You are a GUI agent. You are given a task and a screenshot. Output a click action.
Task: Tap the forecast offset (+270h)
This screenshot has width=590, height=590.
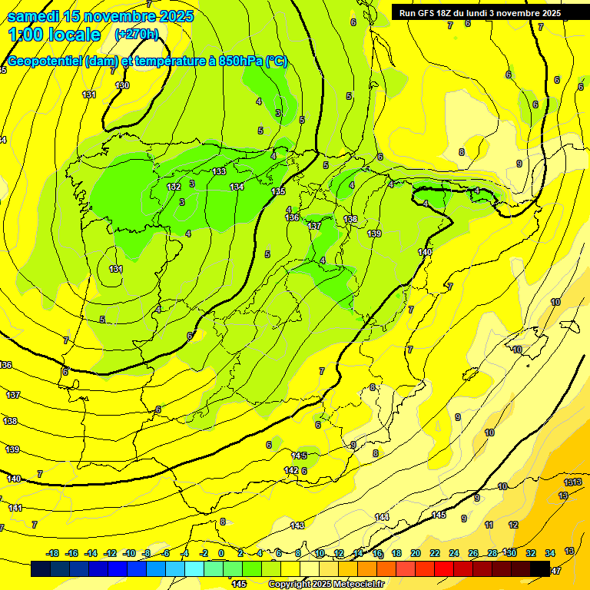point(137,34)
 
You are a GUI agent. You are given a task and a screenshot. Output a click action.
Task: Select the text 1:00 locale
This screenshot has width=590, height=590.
point(54,35)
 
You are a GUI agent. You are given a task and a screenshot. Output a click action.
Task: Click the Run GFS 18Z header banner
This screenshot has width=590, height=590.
point(479,12)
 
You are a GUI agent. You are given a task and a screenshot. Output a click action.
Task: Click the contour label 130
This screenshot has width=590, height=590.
point(122,85)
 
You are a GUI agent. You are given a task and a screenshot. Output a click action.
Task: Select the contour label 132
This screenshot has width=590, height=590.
point(174,187)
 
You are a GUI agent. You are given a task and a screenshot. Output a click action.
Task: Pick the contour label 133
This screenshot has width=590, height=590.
point(220,171)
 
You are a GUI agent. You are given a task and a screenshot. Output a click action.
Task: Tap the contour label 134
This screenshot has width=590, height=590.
point(237,187)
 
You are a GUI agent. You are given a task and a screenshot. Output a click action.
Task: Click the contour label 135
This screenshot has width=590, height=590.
point(278,191)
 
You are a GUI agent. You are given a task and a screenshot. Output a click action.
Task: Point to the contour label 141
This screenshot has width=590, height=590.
point(15,508)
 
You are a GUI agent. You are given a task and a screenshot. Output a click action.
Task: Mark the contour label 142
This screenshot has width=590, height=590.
point(291,470)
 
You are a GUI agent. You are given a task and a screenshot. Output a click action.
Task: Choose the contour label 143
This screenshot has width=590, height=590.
point(297,525)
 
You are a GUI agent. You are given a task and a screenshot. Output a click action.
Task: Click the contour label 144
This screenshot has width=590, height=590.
point(382,517)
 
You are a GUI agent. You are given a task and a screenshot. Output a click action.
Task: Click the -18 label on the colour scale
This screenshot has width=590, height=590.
point(52,553)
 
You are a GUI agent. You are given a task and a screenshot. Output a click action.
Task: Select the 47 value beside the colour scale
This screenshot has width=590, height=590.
point(556,570)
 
